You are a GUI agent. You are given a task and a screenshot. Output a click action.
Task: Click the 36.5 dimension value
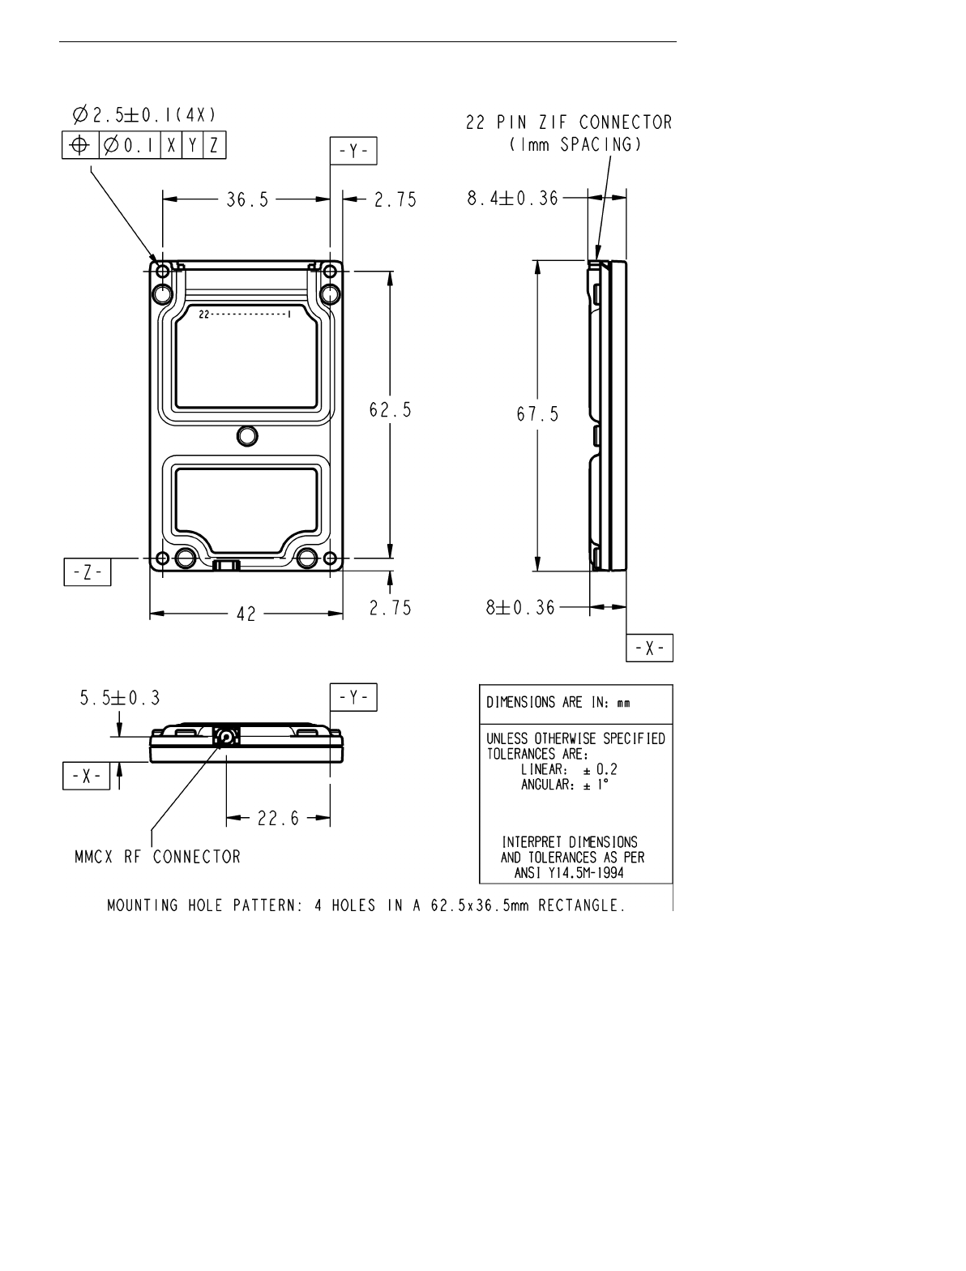(x=248, y=199)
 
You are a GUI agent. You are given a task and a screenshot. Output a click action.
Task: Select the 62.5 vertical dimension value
(x=390, y=410)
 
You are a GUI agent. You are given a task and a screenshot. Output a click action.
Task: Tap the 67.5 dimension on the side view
(x=537, y=414)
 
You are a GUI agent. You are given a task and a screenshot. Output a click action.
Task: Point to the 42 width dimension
(x=246, y=614)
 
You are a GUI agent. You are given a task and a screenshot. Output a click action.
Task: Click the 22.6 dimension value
(x=279, y=818)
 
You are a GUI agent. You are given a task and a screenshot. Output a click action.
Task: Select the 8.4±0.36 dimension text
(x=513, y=199)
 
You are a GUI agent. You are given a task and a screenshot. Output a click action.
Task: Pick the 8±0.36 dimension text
(x=520, y=607)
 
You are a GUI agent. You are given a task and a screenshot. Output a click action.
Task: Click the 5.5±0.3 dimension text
(x=120, y=698)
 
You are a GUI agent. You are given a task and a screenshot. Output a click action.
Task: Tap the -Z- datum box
(x=88, y=572)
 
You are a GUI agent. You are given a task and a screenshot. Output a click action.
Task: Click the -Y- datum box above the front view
(x=353, y=151)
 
